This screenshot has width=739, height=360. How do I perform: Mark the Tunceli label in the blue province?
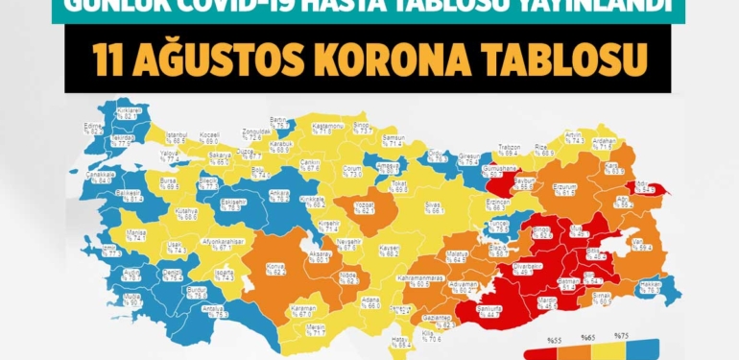(498, 225)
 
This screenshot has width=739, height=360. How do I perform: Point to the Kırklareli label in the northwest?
(129, 111)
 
